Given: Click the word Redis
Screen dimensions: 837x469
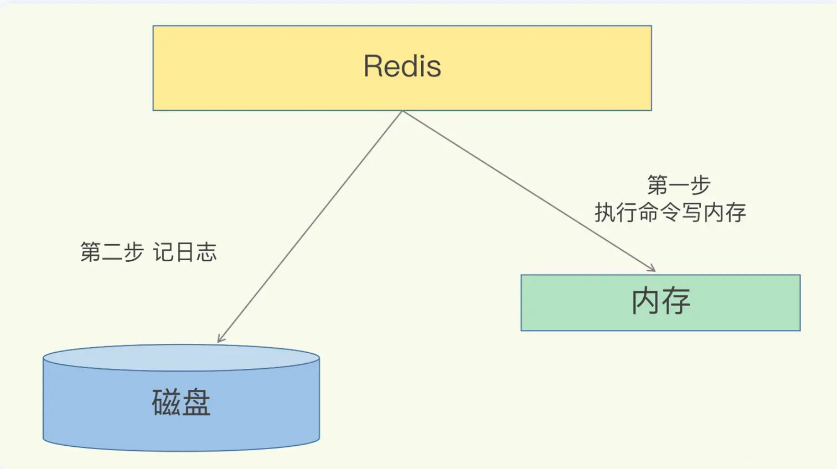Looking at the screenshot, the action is (402, 66).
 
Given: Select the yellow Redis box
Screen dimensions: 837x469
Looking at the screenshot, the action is (402, 68).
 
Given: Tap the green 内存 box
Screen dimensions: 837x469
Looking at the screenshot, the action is (660, 303).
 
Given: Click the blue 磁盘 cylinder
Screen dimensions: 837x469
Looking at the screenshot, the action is (181, 398).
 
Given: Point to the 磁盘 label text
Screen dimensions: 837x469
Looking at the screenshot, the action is (181, 403).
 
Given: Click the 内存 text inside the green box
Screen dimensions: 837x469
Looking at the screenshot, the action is (660, 301).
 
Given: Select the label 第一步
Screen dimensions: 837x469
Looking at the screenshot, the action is (679, 185).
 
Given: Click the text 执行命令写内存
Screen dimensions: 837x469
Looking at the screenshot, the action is (670, 213).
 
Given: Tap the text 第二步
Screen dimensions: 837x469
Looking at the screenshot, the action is (112, 251).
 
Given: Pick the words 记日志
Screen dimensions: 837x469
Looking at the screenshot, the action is (185, 251).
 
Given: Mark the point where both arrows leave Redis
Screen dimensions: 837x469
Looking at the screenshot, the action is (402, 111).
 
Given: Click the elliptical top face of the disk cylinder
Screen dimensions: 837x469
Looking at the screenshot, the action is (181, 358).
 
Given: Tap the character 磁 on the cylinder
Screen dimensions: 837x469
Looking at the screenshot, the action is (166, 403).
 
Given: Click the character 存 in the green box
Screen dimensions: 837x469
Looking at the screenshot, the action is (676, 301).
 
